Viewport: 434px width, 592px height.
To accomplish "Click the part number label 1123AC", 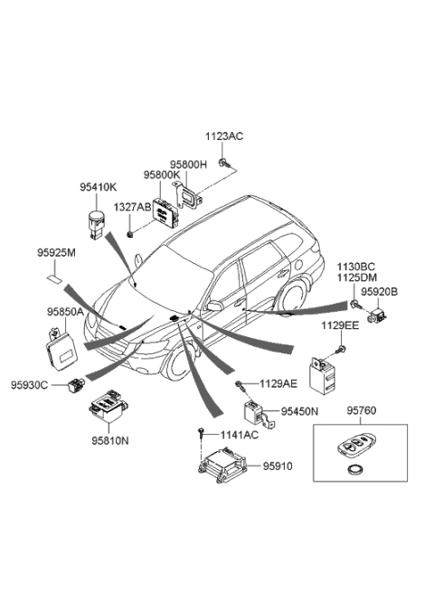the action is tap(224, 136).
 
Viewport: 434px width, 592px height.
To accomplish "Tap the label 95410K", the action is tap(99, 187).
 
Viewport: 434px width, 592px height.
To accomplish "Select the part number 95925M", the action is tap(56, 253).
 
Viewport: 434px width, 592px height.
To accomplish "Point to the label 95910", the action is tap(278, 466).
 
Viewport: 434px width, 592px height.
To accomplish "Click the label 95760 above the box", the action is tap(362, 410).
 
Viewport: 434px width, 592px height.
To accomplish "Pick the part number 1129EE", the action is tap(340, 325).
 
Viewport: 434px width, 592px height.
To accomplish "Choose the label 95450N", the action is tap(299, 411).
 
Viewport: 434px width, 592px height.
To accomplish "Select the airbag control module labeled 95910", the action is tap(222, 465).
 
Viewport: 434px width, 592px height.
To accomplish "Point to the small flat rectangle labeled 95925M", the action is tap(55, 279).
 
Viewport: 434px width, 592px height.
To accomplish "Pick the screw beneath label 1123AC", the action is tap(224, 164).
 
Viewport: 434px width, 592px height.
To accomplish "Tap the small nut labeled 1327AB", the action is tap(130, 234).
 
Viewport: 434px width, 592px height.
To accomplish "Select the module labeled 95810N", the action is tap(108, 406).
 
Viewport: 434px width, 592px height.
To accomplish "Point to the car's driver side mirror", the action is tap(214, 305).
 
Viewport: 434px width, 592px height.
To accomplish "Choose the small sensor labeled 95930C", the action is tap(77, 385).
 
